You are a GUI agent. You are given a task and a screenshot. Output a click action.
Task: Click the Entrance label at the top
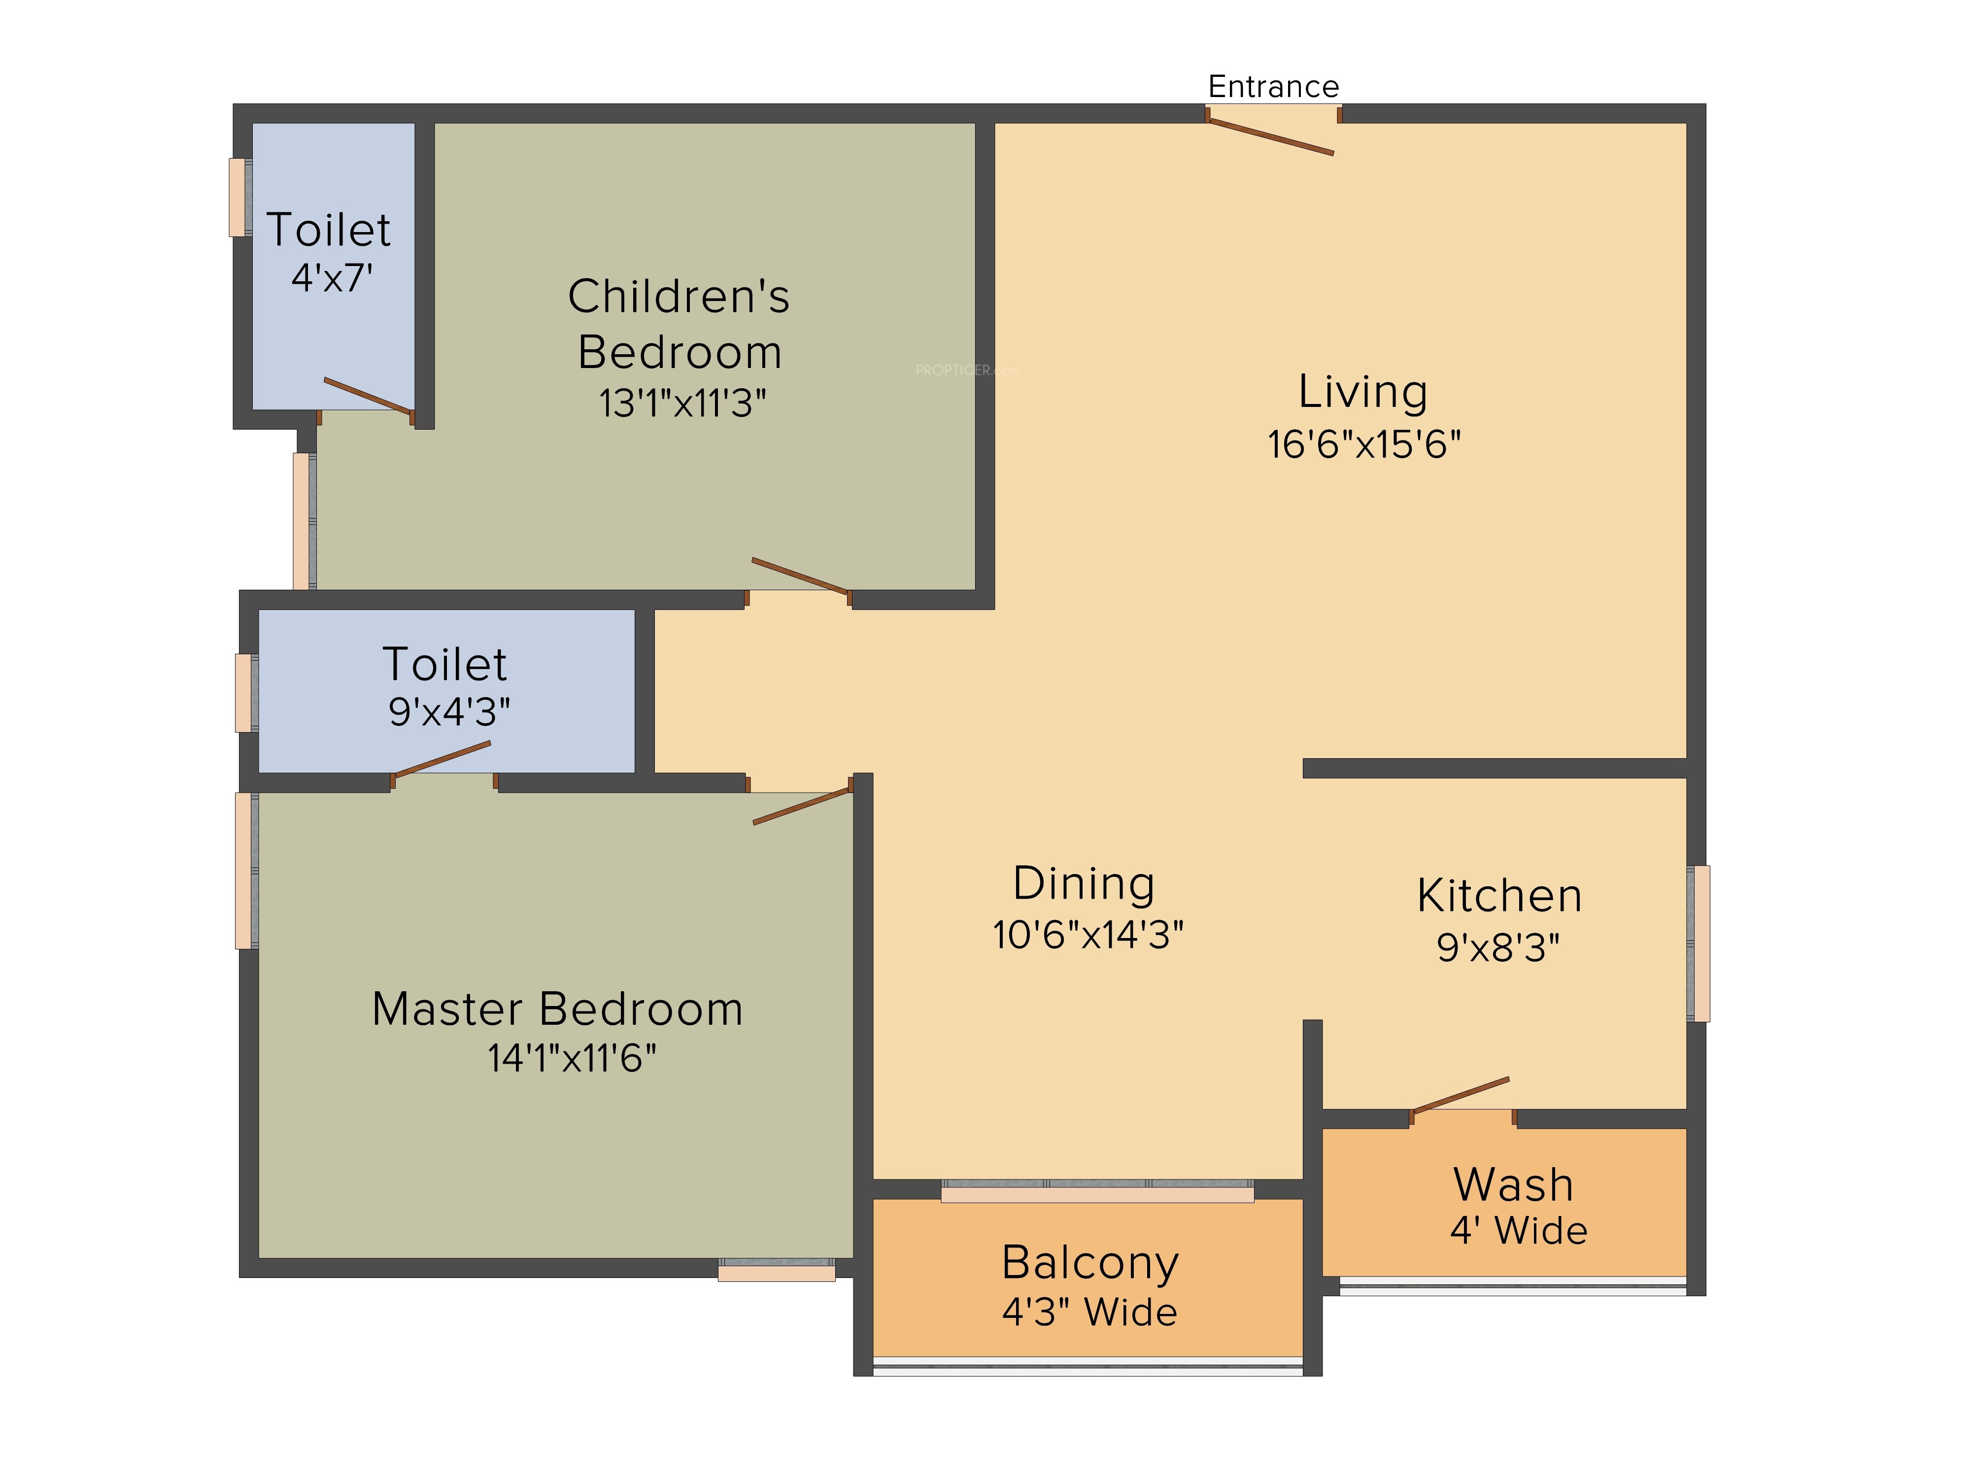coord(1273,86)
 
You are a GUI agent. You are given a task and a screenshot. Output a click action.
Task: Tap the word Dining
coord(1085,883)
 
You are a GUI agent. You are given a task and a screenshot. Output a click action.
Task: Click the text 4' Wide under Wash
coord(1518,1230)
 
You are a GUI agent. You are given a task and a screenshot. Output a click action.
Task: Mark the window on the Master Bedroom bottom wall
coord(776,1270)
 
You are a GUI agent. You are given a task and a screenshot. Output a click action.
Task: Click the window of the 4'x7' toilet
coord(240,197)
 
